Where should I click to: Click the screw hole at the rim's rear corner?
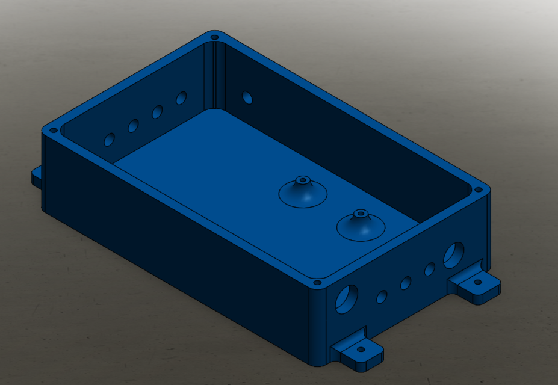pyautogui.click(x=214, y=37)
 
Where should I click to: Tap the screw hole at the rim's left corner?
pyautogui.click(x=53, y=130)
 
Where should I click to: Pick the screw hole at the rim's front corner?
pyautogui.click(x=317, y=282)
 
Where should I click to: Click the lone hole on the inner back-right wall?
pyautogui.click(x=247, y=97)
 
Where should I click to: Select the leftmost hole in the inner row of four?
pyautogui.click(x=110, y=140)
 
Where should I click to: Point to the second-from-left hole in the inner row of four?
pyautogui.click(x=134, y=126)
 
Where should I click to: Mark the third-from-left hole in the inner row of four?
pyautogui.click(x=158, y=111)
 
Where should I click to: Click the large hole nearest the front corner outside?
pyautogui.click(x=347, y=298)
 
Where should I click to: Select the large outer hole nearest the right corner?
pyautogui.click(x=454, y=254)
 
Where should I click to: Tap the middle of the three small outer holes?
pyautogui.click(x=406, y=283)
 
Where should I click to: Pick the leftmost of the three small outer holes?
pyautogui.click(x=382, y=297)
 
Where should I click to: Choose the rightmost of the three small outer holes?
pyautogui.click(x=430, y=269)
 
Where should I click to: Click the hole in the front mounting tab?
pyautogui.click(x=361, y=349)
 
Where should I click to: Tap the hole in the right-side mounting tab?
pyautogui.click(x=479, y=281)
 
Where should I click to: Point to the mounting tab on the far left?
pyautogui.click(x=37, y=176)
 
